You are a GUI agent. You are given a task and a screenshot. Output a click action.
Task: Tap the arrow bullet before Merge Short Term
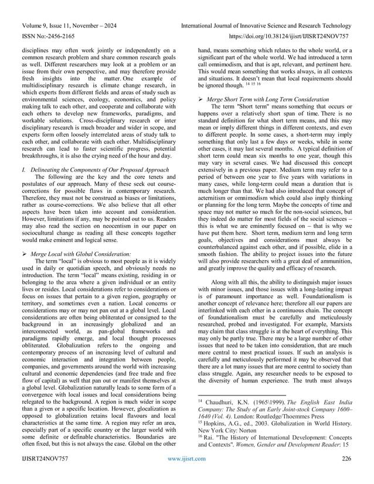201,100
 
